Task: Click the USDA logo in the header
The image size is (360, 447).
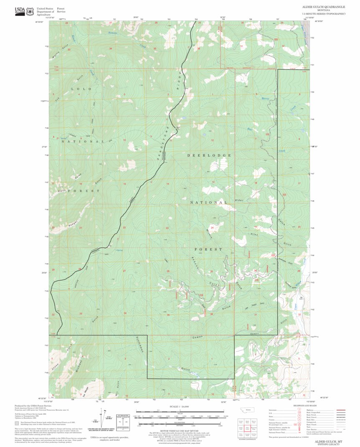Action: click(20, 11)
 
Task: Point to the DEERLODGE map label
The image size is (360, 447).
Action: click(209, 155)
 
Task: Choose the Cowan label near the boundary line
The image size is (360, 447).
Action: click(198, 337)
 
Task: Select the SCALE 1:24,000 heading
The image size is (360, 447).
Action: click(179, 406)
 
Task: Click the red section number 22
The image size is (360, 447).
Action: click(124, 228)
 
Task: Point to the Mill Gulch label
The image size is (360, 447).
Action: click(118, 386)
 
